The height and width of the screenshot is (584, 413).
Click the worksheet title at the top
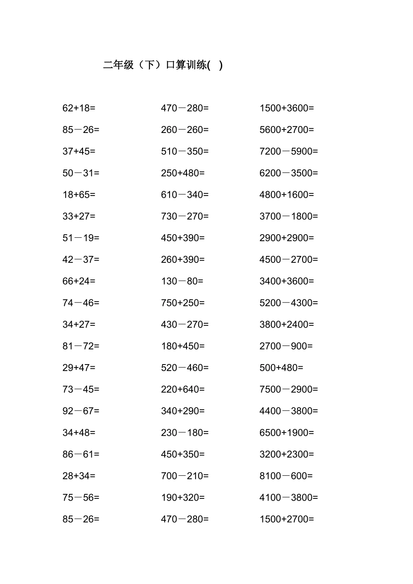(x=163, y=65)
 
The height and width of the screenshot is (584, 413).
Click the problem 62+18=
(x=79, y=108)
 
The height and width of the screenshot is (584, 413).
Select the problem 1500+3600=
(x=286, y=108)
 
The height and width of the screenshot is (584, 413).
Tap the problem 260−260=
(x=185, y=129)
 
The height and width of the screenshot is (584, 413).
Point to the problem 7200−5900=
(x=289, y=151)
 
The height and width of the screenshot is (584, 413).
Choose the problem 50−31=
(x=81, y=173)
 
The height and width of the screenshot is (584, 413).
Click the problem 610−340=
(x=185, y=195)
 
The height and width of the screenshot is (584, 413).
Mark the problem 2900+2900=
(x=286, y=238)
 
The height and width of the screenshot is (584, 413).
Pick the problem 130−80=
(x=182, y=281)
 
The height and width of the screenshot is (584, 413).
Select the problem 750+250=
(x=183, y=303)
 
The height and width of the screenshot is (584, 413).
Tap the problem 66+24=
(x=79, y=281)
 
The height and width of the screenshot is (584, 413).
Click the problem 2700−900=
(x=286, y=346)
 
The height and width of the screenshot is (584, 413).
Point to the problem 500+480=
(x=281, y=368)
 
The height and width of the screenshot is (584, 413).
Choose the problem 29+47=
(x=79, y=368)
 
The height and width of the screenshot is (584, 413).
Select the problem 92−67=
(x=81, y=411)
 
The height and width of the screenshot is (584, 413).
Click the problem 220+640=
(x=183, y=389)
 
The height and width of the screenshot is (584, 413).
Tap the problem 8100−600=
(x=286, y=476)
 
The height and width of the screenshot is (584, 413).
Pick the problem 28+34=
(x=79, y=476)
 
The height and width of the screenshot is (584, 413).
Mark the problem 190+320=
(x=183, y=498)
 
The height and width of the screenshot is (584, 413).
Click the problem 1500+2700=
(x=286, y=519)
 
